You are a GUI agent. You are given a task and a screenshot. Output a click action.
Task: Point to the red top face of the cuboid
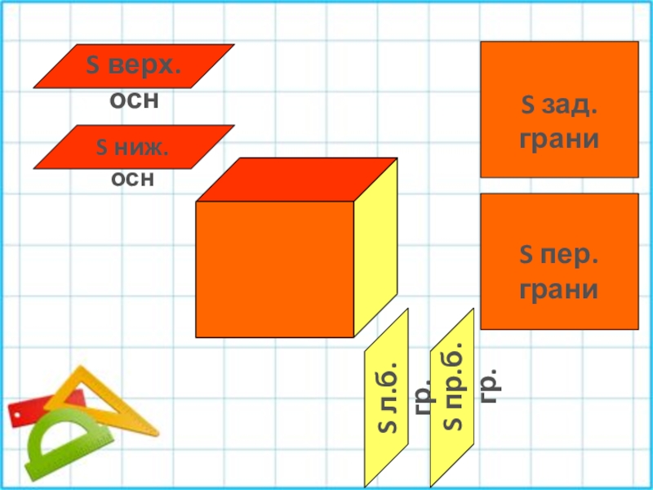(298, 180)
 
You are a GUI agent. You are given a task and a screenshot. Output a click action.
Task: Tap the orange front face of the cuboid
(274, 269)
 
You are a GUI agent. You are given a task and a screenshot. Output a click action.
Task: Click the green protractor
(65, 445)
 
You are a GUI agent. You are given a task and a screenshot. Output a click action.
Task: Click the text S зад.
(559, 106)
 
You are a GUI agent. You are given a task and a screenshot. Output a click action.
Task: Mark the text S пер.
(559, 258)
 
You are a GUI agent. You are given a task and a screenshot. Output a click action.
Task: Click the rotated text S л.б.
(390, 400)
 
